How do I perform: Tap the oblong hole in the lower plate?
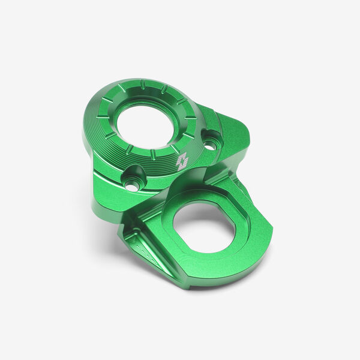[x=204, y=227]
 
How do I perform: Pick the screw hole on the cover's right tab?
[x=209, y=142]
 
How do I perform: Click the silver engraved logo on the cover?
[x=182, y=161]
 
